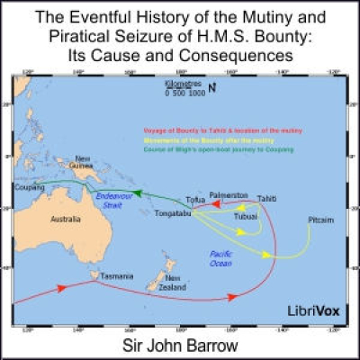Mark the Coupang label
[x=30, y=188]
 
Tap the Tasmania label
[x=117, y=275]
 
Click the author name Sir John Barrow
[x=180, y=346]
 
